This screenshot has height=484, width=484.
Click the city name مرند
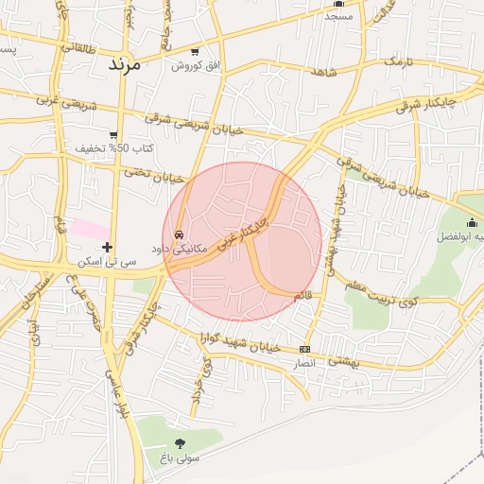[x=124, y=64]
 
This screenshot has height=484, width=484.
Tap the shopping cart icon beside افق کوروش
[x=195, y=51]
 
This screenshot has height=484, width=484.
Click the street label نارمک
[x=398, y=62]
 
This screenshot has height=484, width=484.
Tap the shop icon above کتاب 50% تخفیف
[x=114, y=136]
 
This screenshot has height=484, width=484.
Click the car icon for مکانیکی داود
[x=179, y=234]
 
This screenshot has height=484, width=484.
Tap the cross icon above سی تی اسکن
[x=108, y=247]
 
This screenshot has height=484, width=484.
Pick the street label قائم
[x=302, y=296]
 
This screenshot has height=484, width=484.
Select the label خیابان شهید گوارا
[x=235, y=342]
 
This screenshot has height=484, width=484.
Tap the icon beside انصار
[x=303, y=349]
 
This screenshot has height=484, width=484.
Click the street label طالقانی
[x=79, y=44]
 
